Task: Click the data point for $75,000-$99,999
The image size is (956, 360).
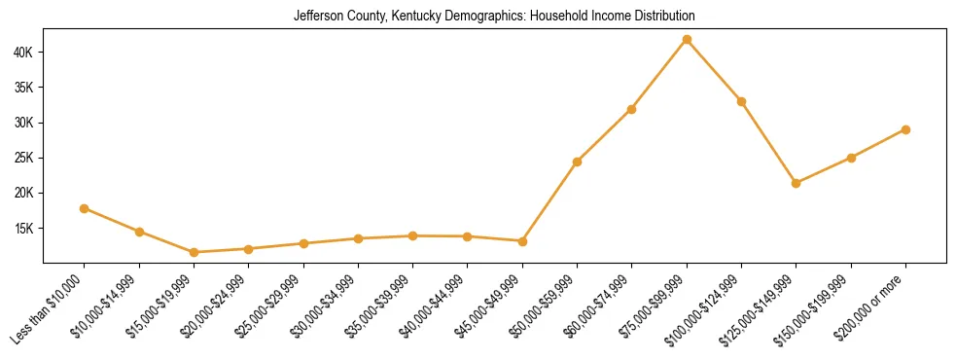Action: point(687,40)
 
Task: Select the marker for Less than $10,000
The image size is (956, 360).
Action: point(85,208)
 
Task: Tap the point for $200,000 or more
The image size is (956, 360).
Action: point(905,129)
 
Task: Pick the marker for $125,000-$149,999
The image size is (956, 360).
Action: point(797,183)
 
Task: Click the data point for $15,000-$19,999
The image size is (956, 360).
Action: point(195,252)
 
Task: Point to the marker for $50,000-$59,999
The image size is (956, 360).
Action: point(578,162)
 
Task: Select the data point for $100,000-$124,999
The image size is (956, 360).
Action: point(741,101)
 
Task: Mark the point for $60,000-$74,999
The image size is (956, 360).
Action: point(632,109)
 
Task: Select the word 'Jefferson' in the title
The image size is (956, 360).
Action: point(316,17)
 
